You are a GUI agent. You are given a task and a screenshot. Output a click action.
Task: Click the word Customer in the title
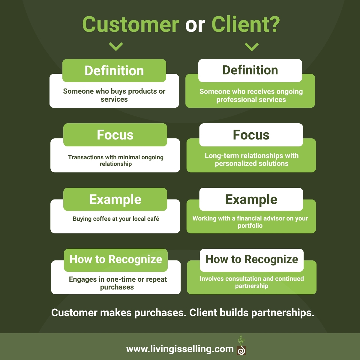(130, 25)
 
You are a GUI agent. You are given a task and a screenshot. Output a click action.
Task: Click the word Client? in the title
(245, 25)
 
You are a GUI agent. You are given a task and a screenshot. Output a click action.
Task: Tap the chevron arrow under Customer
(116, 46)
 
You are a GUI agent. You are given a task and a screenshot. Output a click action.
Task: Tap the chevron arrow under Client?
(252, 46)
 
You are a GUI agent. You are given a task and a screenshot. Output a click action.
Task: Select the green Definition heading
(114, 71)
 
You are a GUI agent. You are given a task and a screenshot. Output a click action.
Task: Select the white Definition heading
(250, 70)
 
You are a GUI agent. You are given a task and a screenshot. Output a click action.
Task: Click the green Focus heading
(115, 135)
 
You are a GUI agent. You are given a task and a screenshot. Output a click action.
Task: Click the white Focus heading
(251, 135)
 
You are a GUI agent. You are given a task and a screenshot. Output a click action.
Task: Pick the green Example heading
(115, 199)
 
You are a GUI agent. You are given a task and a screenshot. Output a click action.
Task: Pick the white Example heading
(251, 199)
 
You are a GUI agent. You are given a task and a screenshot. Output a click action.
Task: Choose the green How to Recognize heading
(116, 259)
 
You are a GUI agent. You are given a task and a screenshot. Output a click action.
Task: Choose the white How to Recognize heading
(252, 259)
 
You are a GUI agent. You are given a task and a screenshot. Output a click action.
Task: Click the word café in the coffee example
(153, 219)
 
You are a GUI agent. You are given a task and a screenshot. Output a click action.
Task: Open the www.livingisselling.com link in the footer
(180, 349)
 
